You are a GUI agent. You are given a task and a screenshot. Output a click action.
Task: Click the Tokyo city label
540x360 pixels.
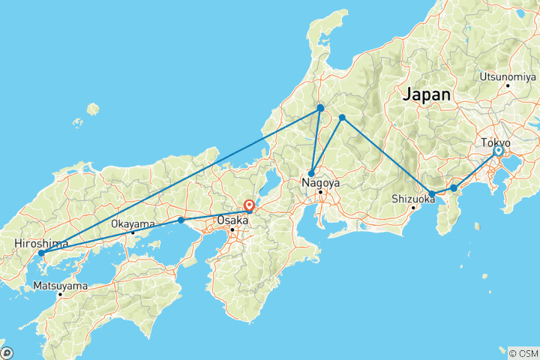coord(496,142)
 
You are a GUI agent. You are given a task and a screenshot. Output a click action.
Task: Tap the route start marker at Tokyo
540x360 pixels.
coord(498,151)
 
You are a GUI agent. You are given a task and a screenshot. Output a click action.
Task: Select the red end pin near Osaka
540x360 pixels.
coord(249,205)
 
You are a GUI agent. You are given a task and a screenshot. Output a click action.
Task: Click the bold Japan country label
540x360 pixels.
coord(427,95)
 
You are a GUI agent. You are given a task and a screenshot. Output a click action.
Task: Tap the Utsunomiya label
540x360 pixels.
coord(508,76)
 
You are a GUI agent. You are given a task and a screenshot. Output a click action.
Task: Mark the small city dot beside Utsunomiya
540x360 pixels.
coord(508,85)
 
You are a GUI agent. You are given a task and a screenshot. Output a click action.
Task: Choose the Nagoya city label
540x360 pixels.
coord(320,182)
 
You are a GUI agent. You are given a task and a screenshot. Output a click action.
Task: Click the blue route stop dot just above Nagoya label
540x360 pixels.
coord(311,173)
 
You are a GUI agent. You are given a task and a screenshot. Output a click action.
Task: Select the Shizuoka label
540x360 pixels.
coord(412,199)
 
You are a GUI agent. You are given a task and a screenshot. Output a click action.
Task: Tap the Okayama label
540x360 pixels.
coord(133,223)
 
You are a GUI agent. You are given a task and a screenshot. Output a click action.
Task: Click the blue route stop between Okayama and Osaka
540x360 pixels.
coord(181,220)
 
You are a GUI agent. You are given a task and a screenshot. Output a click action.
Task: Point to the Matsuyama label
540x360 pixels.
coord(60,286)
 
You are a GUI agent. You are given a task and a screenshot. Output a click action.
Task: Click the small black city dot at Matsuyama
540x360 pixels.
coord(60,294)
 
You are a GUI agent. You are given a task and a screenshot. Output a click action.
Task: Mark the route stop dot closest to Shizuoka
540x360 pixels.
coord(432,194)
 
